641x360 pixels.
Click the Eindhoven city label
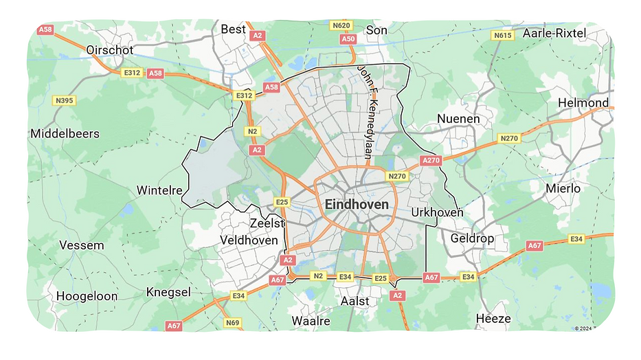357,205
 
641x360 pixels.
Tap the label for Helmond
583,103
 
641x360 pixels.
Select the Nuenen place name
458,120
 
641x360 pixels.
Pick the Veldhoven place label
249,240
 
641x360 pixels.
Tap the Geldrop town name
472,238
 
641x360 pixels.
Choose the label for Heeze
493,319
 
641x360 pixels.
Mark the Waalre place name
311,321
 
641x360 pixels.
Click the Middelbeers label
65,134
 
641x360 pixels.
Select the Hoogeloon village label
87,296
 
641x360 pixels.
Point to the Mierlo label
563,188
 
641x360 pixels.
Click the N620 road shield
341,26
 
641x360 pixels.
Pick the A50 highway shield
349,39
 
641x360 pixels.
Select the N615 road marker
503,35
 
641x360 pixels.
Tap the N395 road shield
64,101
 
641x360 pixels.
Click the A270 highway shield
430,161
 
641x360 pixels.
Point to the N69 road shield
233,322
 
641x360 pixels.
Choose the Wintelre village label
159,190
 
